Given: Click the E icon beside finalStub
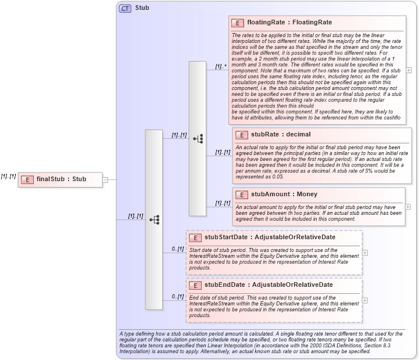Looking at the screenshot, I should [x=27, y=179].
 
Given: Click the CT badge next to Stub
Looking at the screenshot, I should [x=125, y=9].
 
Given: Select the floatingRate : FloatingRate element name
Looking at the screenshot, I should [x=289, y=23].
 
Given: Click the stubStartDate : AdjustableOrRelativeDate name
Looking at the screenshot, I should [x=268, y=237].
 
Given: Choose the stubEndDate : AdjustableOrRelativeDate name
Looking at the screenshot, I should [x=268, y=285].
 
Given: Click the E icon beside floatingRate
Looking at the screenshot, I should [x=237, y=23].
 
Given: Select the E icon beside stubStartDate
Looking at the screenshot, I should [x=195, y=237].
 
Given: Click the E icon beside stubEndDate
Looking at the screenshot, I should [x=195, y=285].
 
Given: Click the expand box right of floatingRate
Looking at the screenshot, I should [x=409, y=70].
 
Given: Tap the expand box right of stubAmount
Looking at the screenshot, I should [x=409, y=207].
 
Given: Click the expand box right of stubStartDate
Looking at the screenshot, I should [x=364, y=253].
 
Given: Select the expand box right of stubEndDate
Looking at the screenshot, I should [x=364, y=300].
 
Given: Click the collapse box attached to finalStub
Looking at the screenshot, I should [x=105, y=179].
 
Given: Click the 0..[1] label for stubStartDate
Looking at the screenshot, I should [x=177, y=249].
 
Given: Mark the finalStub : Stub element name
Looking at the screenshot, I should [x=61, y=179].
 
